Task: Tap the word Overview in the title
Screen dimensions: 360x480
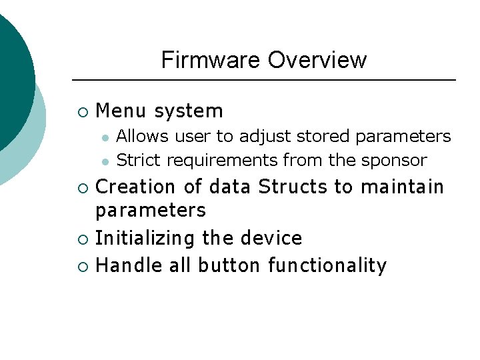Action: click(317, 61)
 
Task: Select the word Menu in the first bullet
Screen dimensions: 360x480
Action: click(121, 111)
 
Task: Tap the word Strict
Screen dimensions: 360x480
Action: click(139, 161)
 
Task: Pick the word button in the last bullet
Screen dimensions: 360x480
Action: click(223, 265)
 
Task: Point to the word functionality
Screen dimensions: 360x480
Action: click(327, 266)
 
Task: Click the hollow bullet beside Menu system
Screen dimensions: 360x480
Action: click(82, 112)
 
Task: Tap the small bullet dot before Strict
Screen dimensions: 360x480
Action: click(105, 161)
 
